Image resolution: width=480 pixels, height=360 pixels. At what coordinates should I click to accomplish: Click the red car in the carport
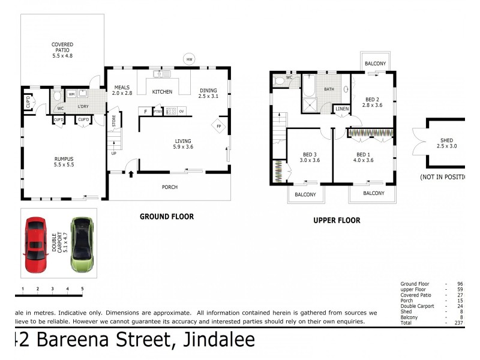point(35,244)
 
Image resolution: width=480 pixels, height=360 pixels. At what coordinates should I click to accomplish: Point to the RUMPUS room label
point(62,160)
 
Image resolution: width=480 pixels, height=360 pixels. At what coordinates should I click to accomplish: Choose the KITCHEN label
point(162,92)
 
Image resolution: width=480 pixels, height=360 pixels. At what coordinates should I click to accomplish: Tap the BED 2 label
point(371,100)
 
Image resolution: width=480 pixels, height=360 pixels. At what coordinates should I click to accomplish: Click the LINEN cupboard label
point(342,109)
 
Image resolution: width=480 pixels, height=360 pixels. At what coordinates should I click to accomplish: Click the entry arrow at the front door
point(131,174)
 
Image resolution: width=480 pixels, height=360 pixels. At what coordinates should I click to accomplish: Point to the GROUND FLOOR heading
point(166,217)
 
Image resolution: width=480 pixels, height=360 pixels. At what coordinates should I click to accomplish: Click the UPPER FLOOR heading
point(337,220)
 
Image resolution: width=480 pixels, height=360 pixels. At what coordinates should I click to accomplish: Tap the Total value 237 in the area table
point(460,323)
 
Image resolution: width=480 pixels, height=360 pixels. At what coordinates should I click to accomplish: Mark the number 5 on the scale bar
point(82,289)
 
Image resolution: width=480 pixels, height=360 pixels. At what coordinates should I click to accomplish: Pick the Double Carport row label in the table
point(417,306)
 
